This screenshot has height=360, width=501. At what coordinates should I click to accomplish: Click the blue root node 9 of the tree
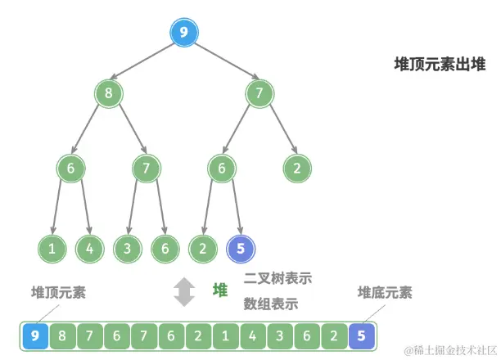pos(183,34)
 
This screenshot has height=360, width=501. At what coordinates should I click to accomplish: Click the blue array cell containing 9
pos(34,334)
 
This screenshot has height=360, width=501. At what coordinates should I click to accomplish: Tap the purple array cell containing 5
pos(362,334)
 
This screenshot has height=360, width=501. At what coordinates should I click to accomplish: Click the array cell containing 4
pos(252,334)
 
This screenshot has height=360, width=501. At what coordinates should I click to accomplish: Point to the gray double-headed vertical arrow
pos(186,291)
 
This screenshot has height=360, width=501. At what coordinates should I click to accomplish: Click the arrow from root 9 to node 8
pos(146,62)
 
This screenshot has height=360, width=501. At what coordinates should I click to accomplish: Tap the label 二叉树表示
pos(278,278)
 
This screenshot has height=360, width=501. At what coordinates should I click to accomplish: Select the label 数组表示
pos(270,304)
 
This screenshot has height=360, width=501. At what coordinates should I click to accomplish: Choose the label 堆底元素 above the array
pos(385,292)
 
